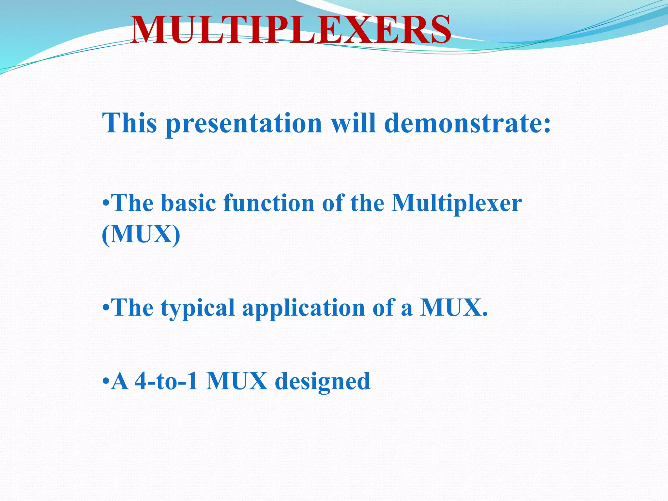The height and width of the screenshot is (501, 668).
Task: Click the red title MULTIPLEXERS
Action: (291, 30)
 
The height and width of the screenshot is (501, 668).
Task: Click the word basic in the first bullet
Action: (188, 203)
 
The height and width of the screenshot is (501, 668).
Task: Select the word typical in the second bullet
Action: (197, 308)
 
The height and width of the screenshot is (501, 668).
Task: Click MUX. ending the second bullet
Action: (454, 308)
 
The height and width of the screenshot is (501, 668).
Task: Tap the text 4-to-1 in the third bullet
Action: (166, 381)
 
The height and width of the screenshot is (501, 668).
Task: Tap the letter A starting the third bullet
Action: (120, 381)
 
